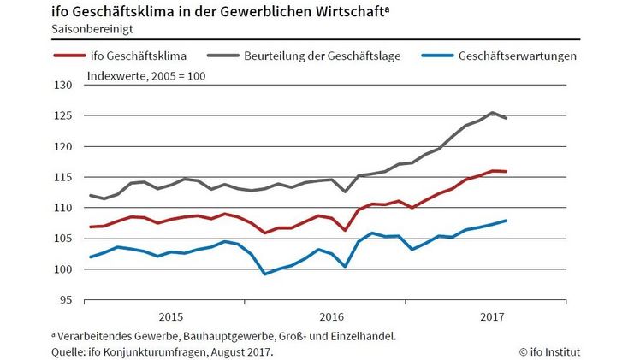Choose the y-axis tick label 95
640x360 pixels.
click(68, 300)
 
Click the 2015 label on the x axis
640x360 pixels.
click(170, 314)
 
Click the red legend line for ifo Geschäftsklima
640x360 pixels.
click(70, 57)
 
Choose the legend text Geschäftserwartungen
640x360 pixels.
click(518, 57)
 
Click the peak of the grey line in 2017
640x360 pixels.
click(492, 113)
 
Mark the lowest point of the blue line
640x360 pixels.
click(264, 274)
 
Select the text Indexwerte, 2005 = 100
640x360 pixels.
click(146, 76)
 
